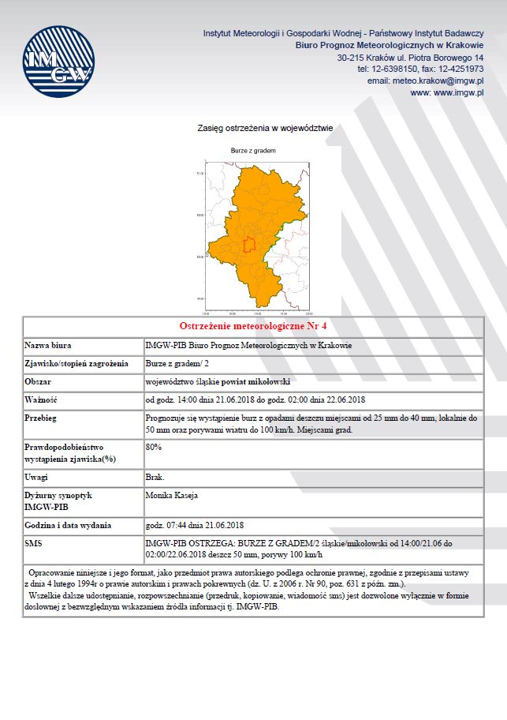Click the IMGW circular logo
(x=59, y=62)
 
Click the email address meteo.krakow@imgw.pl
(x=425, y=81)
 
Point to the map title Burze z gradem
(x=252, y=150)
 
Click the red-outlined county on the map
(x=249, y=245)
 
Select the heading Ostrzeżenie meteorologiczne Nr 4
(x=253, y=326)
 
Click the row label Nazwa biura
(x=49, y=346)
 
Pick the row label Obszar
(x=39, y=381)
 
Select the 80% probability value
(x=155, y=447)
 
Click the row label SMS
(x=35, y=543)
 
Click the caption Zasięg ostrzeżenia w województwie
(x=265, y=127)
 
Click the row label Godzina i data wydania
(x=68, y=526)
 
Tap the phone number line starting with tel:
(x=420, y=69)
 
